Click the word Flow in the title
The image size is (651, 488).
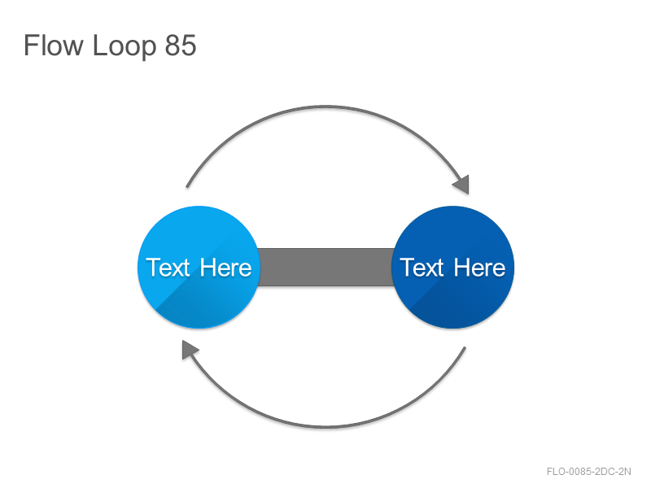click(54, 45)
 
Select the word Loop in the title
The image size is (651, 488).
click(125, 46)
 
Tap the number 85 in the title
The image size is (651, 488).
click(181, 46)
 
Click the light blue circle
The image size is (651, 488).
click(199, 267)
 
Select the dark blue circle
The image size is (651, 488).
click(453, 267)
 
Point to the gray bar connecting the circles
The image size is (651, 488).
click(326, 268)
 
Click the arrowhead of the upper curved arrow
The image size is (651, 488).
click(461, 185)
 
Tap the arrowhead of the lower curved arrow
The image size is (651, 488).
click(190, 350)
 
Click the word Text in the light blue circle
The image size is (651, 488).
click(168, 268)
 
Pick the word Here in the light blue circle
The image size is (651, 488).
click(225, 268)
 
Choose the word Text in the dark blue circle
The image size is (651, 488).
click(422, 268)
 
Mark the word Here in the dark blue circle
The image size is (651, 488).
click(479, 268)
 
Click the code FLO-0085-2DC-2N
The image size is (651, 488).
click(588, 472)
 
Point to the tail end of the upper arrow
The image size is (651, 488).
click(187, 187)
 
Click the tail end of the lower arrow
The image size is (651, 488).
click(465, 347)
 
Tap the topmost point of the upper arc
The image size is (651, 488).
click(326, 107)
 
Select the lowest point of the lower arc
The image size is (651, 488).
click(326, 426)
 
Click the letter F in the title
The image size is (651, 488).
click(32, 45)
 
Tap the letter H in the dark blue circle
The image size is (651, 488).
click(461, 268)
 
